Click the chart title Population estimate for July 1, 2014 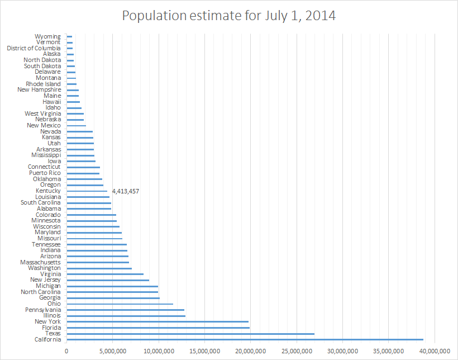coord(229,15)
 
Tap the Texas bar coord(190,334)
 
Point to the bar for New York coord(158,321)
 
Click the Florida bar coord(158,328)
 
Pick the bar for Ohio coord(120,304)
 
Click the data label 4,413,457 coord(126,191)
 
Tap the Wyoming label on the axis coord(47,37)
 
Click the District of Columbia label coord(34,49)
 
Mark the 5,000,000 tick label coord(113,350)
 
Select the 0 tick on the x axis coord(67,350)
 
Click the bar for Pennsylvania coord(126,310)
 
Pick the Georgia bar coord(113,298)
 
